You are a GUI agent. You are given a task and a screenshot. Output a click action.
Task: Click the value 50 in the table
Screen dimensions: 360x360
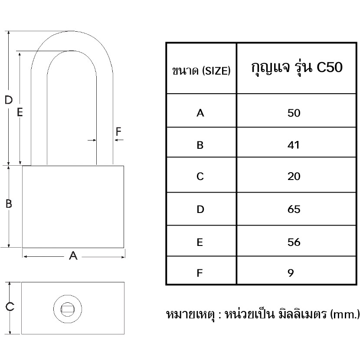[x=294, y=113]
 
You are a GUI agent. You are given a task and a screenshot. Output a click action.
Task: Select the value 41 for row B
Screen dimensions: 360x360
[x=293, y=145]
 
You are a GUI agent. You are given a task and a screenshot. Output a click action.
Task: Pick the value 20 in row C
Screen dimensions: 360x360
[x=294, y=177]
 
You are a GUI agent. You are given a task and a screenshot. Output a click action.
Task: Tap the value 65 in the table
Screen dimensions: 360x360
[x=294, y=209]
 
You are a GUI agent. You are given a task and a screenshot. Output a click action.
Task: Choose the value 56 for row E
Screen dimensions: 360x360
[x=294, y=242]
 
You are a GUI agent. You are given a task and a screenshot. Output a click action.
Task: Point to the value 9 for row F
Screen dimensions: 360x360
[x=291, y=273]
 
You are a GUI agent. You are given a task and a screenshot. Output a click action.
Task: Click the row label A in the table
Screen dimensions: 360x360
[x=200, y=113]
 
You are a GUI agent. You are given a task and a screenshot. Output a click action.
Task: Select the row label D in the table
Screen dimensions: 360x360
[x=200, y=209]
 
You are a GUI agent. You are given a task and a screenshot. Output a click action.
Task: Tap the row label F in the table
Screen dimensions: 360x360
[x=200, y=273]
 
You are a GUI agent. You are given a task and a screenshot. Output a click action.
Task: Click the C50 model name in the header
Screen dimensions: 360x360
[x=330, y=67]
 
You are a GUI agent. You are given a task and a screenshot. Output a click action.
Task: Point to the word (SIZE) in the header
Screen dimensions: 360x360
[x=216, y=71]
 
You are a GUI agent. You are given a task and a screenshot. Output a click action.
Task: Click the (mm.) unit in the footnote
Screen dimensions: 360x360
[x=345, y=314]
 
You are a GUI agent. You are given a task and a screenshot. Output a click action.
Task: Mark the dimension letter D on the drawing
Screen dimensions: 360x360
[x=9, y=100]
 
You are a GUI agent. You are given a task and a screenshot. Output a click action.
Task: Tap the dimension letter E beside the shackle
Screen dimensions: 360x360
[x=20, y=112]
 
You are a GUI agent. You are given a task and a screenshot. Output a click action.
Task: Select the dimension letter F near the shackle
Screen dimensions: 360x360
[x=118, y=131]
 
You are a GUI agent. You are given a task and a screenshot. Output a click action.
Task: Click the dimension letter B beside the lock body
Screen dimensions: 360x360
[x=9, y=204]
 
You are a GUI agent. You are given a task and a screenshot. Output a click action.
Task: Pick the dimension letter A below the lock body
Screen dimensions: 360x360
[x=73, y=255]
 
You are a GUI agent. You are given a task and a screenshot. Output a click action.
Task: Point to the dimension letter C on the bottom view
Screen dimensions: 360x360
[x=10, y=307]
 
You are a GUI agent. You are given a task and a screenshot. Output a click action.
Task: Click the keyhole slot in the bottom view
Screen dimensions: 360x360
[x=68, y=309]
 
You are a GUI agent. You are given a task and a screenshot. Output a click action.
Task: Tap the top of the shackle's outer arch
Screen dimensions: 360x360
[x=72, y=31]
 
